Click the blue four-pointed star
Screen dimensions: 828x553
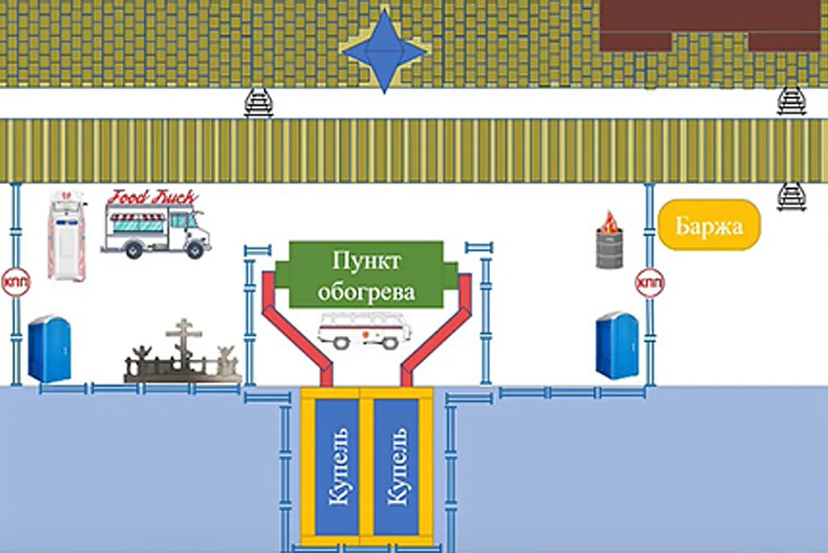(x=384, y=51)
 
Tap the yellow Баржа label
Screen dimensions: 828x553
(x=709, y=225)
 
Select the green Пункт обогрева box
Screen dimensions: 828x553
(x=366, y=275)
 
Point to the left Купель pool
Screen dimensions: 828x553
(x=337, y=467)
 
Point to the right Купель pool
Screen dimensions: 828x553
(x=396, y=467)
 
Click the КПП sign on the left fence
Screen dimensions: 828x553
(x=16, y=283)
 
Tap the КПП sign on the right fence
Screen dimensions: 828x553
(x=649, y=283)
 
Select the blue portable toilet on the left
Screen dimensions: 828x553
(x=49, y=348)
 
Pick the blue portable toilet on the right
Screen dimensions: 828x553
(x=617, y=345)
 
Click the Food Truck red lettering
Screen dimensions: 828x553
(x=152, y=198)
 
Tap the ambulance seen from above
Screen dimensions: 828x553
(x=66, y=236)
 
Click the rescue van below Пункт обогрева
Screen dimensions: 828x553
(x=365, y=330)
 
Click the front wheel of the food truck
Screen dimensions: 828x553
(x=195, y=249)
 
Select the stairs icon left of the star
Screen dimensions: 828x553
(x=259, y=103)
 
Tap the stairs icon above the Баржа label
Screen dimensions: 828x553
(x=792, y=197)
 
